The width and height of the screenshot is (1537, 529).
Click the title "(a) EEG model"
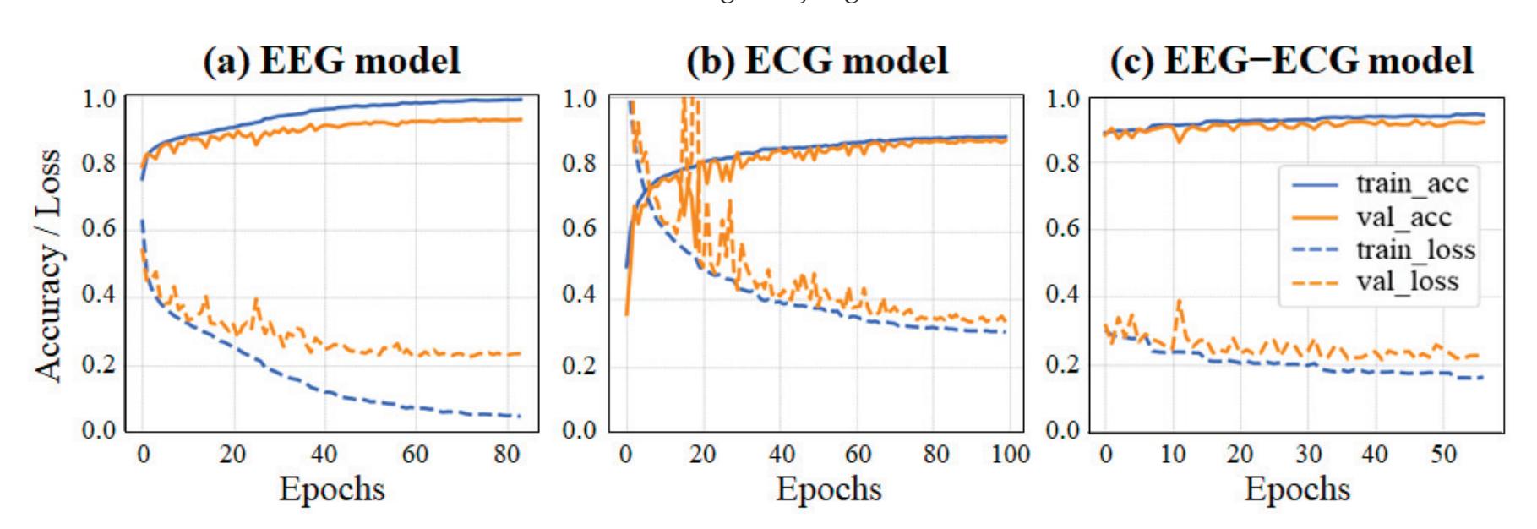pos(332,62)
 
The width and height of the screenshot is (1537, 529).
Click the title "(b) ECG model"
pos(817,62)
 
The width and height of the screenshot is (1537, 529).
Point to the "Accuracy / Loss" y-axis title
pos(49,266)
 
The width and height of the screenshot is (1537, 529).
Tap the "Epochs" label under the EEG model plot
pos(332,488)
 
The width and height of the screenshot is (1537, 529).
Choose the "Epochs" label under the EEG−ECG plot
pos(1297,488)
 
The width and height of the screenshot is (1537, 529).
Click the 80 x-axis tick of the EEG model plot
pos(505,455)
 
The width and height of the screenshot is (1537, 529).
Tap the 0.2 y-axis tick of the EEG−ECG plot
pos(1063,365)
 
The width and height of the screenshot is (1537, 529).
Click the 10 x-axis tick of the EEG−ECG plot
pos(1173,455)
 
